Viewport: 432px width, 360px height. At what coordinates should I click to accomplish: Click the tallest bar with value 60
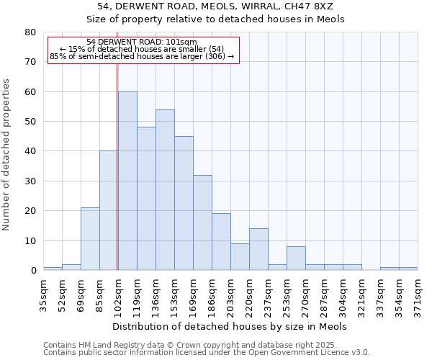127,181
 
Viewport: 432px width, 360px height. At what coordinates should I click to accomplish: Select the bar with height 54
165,190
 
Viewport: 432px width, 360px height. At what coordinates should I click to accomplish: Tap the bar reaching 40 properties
109,210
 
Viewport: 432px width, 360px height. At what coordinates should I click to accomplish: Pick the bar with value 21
90,239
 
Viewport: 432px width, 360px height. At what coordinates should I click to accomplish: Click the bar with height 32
202,222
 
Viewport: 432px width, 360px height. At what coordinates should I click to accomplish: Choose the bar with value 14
258,249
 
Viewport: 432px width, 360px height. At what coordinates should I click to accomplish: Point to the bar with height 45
184,203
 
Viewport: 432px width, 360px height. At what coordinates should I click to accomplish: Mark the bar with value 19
221,242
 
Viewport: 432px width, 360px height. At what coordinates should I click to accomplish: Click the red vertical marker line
117,166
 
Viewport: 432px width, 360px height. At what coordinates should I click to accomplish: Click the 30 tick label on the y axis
30,181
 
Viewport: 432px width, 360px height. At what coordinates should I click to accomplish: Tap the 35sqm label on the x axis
44,292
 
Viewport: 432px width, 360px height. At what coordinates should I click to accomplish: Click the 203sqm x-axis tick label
231,292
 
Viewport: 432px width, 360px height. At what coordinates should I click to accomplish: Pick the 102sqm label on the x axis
119,292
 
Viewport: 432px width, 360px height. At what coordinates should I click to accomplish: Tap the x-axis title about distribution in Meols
230,326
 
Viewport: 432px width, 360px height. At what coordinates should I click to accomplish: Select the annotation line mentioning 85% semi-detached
142,56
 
